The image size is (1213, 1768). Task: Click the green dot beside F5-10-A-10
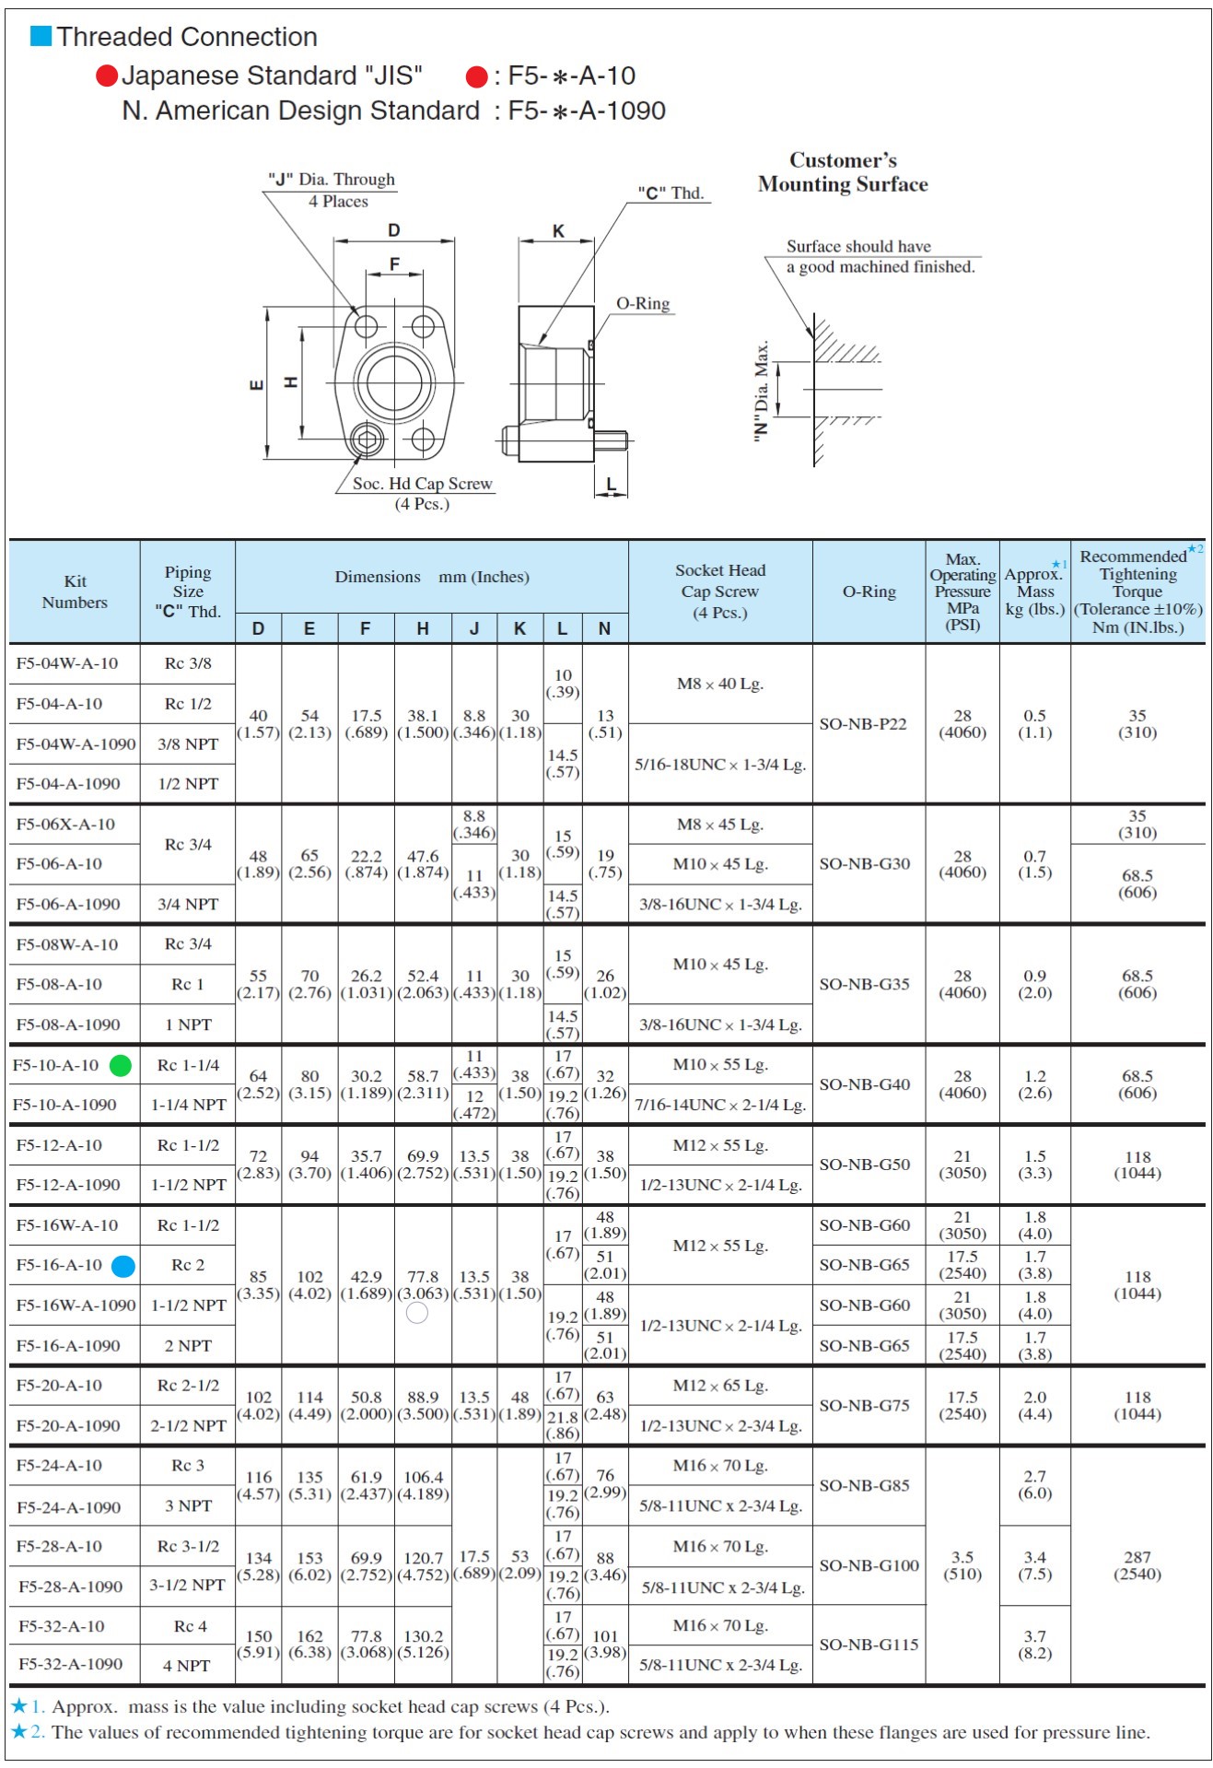click(121, 1066)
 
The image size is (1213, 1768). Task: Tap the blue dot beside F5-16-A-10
click(123, 1267)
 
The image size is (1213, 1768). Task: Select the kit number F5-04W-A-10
click(67, 663)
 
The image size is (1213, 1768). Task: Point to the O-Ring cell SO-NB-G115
click(869, 1645)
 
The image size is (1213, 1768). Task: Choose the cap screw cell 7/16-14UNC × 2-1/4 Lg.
click(720, 1105)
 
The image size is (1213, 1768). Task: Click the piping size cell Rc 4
click(190, 1626)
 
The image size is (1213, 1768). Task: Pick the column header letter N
click(604, 628)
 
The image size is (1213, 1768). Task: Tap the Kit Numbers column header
click(75, 591)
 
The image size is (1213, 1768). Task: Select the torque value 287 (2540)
click(1137, 1565)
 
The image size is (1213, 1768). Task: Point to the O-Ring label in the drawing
click(643, 304)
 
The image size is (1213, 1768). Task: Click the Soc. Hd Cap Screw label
click(422, 484)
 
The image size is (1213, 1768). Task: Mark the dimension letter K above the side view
click(558, 231)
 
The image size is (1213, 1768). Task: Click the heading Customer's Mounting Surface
click(843, 172)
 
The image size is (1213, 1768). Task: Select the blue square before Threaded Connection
click(41, 36)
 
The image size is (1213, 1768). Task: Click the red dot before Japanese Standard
click(108, 76)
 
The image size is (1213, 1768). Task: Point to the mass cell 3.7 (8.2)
click(1034, 1645)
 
